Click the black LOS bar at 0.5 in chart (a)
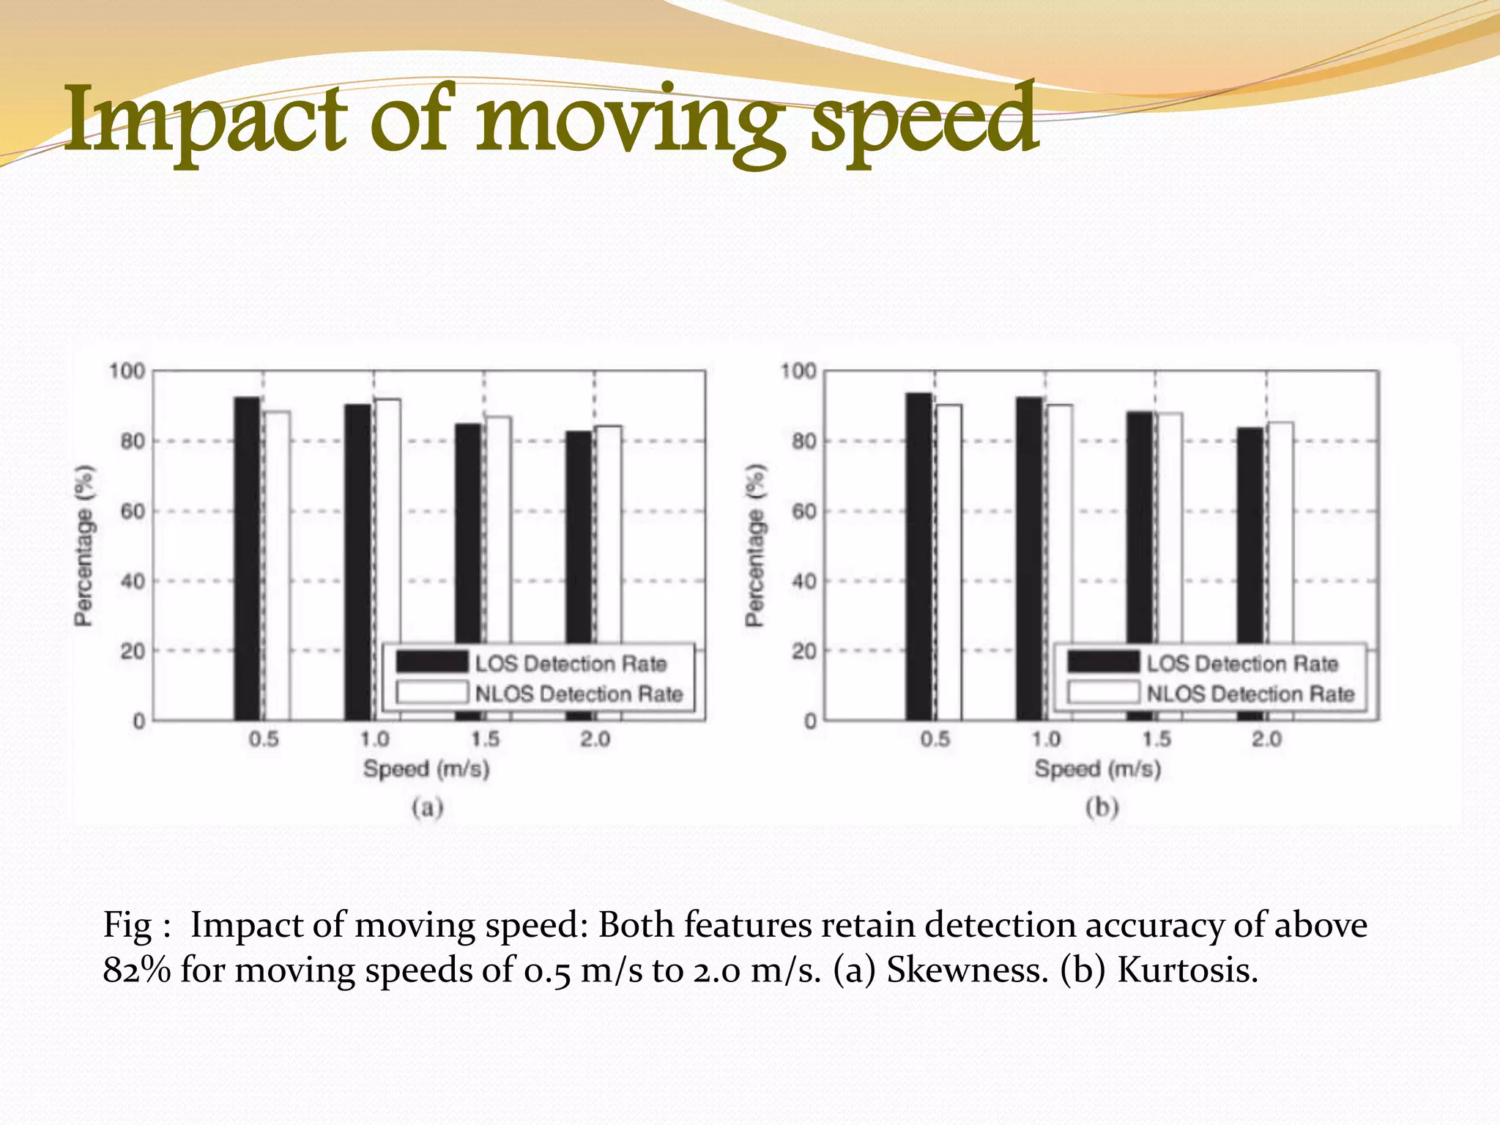247,557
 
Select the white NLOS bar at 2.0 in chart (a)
609,535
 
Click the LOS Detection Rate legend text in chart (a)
571,664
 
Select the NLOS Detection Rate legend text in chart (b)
1250,694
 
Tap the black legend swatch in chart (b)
1103,662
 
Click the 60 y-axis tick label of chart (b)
804,511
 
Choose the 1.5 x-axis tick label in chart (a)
485,739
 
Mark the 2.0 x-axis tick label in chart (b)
1266,739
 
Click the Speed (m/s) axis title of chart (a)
426,770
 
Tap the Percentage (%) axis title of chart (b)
755,546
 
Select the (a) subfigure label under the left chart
428,808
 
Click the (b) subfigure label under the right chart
1102,808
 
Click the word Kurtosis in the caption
1187,970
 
